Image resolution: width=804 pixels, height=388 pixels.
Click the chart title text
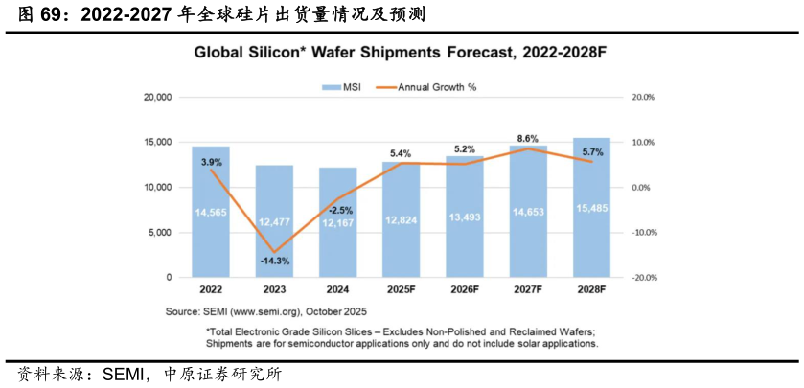(x=401, y=54)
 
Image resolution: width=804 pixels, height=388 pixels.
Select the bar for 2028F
(x=591, y=220)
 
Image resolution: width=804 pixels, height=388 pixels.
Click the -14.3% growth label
(x=274, y=261)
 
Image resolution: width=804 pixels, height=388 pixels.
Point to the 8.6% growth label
(x=528, y=139)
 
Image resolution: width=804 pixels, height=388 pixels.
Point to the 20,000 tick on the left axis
(x=156, y=98)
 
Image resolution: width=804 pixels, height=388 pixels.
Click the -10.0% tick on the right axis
(x=641, y=233)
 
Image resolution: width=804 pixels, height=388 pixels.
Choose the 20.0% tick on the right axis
(x=641, y=98)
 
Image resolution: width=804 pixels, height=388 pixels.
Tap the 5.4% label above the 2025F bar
(x=401, y=153)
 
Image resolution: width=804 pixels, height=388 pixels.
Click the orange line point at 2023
(x=274, y=251)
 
